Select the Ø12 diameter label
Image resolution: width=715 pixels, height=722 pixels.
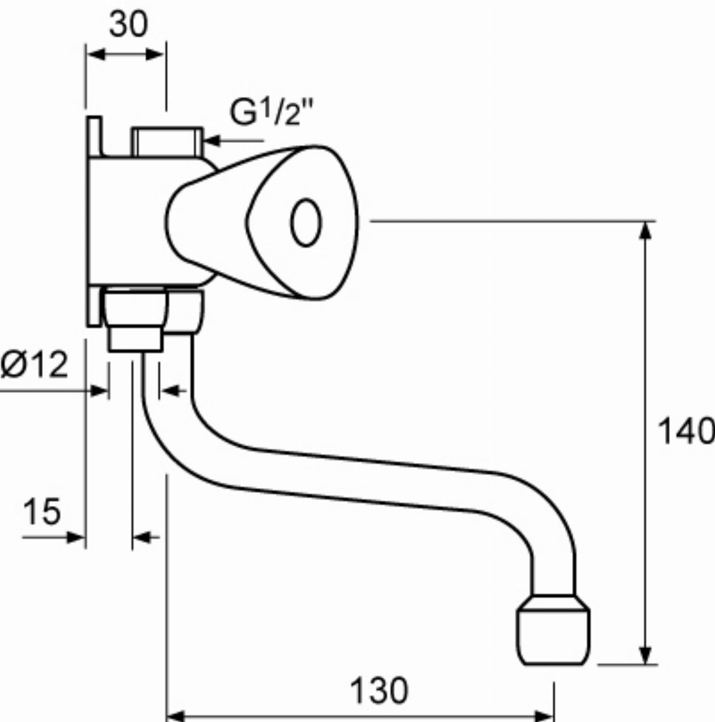tap(34, 364)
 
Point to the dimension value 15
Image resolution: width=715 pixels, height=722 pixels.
tap(42, 511)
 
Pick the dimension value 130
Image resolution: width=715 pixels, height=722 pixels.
tap(379, 691)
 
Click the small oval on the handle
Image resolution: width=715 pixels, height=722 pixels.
tap(306, 222)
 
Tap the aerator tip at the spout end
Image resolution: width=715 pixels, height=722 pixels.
tap(554, 631)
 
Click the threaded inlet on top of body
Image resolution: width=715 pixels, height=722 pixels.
tap(168, 142)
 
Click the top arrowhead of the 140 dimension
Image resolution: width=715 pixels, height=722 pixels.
tap(646, 231)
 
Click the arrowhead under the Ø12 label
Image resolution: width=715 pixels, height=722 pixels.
tap(99, 390)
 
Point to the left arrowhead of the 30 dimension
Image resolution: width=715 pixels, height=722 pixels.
tap(96, 54)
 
